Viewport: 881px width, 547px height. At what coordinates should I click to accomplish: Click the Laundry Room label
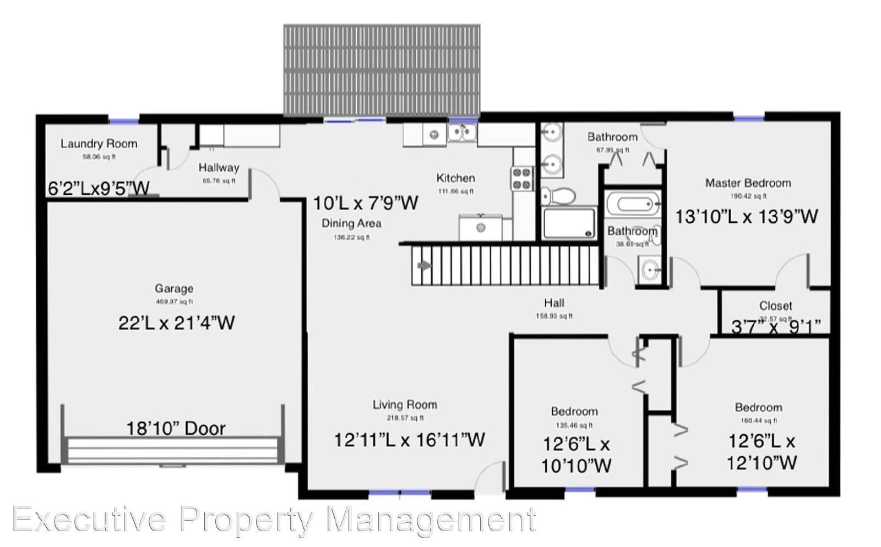(x=99, y=144)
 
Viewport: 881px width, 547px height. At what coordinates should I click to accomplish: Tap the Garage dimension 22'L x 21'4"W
(x=176, y=322)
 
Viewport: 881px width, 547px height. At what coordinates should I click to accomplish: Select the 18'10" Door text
(x=176, y=428)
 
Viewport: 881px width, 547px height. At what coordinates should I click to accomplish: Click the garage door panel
(x=172, y=450)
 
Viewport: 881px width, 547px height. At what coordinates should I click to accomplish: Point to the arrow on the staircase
(x=425, y=266)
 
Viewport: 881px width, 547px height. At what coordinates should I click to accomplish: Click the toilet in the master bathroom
(x=558, y=196)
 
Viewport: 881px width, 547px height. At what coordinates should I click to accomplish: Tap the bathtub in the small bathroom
(x=633, y=205)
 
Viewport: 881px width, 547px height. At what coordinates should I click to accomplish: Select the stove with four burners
(x=523, y=178)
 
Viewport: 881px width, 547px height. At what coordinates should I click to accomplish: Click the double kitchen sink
(x=461, y=132)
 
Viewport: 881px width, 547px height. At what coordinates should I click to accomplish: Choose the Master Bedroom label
(x=748, y=183)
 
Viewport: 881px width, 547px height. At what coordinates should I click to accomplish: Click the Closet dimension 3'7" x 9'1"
(x=775, y=326)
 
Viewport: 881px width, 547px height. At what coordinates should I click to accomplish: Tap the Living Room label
(x=405, y=405)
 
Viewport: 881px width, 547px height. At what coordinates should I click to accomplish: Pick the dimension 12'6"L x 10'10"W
(x=576, y=455)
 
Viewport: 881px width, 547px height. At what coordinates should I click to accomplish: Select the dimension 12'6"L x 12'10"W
(x=762, y=452)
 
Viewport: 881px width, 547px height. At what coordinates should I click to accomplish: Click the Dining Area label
(x=351, y=223)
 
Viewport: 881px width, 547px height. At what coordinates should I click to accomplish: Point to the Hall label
(x=554, y=303)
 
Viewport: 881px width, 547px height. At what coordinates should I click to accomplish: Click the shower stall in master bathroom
(x=569, y=223)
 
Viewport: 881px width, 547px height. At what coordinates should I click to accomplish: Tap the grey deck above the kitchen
(x=382, y=69)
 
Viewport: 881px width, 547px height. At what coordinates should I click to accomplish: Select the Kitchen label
(x=455, y=178)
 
